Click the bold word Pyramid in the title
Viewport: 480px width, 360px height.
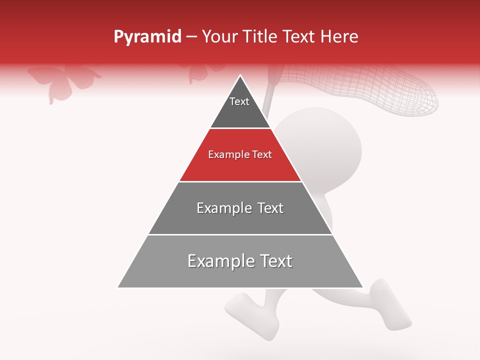point(147,36)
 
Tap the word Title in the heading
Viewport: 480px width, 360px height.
point(260,36)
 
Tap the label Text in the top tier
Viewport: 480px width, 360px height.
point(239,101)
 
